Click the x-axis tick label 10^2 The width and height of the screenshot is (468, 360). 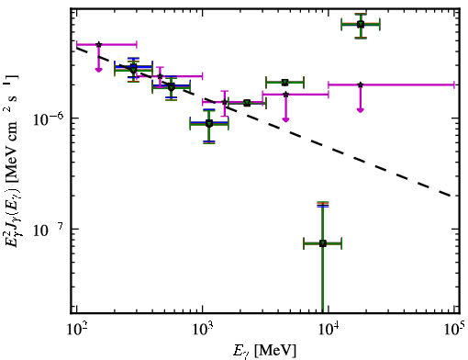pyautogui.click(x=76, y=328)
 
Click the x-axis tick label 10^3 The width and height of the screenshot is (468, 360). pyautogui.click(x=202, y=328)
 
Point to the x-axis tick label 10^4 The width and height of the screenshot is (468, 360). pyautogui.click(x=329, y=328)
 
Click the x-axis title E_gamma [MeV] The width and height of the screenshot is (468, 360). pyautogui.click(x=264, y=351)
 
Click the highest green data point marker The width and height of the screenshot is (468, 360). pyautogui.click(x=361, y=25)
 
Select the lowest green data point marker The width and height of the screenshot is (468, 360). pyautogui.click(x=322, y=243)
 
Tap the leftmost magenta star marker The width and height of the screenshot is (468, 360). pyautogui.click(x=98, y=45)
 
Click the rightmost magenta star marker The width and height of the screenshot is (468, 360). pyautogui.click(x=361, y=84)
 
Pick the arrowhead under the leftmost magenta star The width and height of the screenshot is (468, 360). pyautogui.click(x=98, y=70)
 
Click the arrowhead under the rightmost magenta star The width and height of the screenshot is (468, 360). pyautogui.click(x=361, y=110)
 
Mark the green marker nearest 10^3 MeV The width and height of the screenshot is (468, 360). pyautogui.click(x=209, y=124)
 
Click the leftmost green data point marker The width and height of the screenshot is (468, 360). pyautogui.click(x=133, y=70)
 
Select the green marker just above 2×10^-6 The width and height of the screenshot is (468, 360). pyautogui.click(x=284, y=83)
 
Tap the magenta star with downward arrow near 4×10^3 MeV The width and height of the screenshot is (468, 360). pyautogui.click(x=285, y=95)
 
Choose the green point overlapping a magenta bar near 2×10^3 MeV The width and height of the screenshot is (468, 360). pyautogui.click(x=247, y=103)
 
